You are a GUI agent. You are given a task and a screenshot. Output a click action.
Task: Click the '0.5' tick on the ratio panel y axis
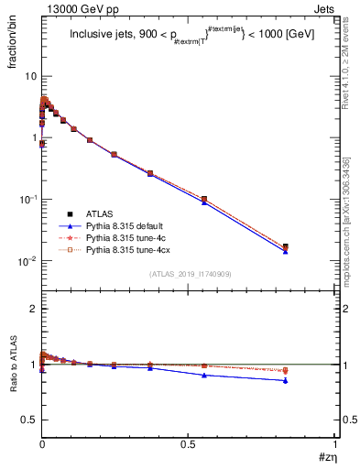[x=28, y=420]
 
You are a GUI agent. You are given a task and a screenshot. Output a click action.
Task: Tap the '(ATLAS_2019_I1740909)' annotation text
[x=189, y=274]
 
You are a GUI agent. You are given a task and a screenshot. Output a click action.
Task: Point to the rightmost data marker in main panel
[x=311, y=247]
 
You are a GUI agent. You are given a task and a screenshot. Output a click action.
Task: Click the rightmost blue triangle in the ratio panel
[x=311, y=380]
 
